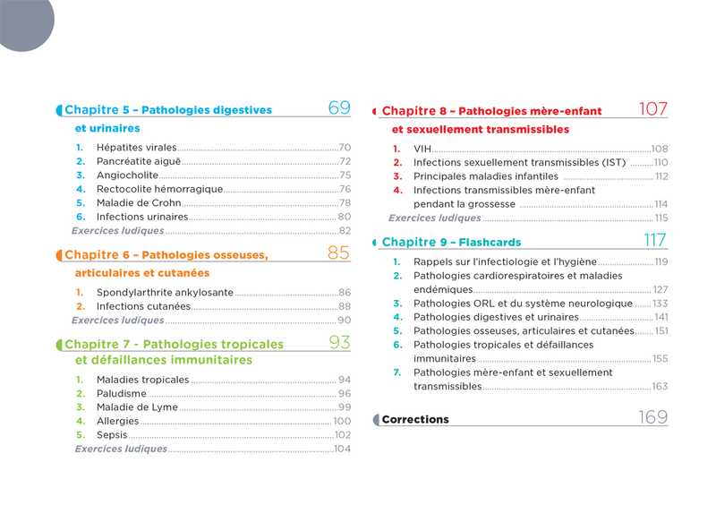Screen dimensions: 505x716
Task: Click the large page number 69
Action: click(x=339, y=108)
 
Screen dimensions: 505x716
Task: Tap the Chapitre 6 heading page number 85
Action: click(x=338, y=253)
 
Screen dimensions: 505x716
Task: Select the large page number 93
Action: click(x=339, y=342)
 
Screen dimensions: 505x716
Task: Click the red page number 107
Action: click(x=653, y=109)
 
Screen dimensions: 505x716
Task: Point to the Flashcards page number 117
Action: click(x=655, y=240)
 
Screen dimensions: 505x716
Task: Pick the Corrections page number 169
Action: click(x=653, y=417)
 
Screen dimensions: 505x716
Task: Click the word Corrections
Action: click(x=415, y=419)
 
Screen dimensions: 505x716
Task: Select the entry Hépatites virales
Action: click(x=136, y=148)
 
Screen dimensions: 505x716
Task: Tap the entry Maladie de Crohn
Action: click(x=139, y=202)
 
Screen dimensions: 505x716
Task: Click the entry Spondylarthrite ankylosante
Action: click(x=165, y=293)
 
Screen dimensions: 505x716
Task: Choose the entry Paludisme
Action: click(x=122, y=394)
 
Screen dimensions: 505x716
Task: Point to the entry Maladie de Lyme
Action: click(x=137, y=407)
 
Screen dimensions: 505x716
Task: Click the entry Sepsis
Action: click(x=112, y=435)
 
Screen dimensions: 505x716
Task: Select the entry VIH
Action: click(x=422, y=149)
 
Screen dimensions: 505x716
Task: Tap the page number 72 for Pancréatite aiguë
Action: click(x=345, y=162)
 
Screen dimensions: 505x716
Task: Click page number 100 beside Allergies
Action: click(x=342, y=422)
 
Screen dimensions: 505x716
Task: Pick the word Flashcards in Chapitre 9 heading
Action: click(x=491, y=243)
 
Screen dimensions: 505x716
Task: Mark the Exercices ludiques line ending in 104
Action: click(x=121, y=449)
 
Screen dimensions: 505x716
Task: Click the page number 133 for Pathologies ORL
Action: click(x=661, y=304)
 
